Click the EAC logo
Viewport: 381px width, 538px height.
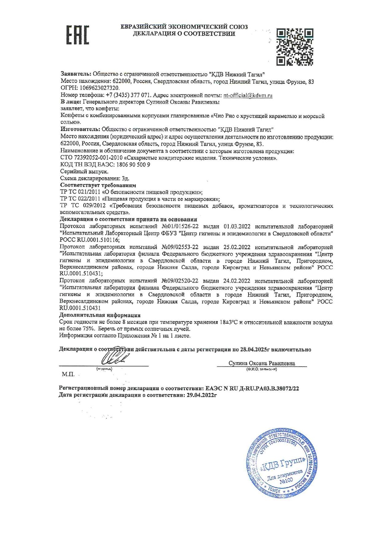(78, 35)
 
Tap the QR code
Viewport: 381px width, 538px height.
(295, 47)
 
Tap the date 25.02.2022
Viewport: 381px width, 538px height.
(237, 247)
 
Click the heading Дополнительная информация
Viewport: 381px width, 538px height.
(100, 315)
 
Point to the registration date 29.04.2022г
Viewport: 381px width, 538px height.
(200, 395)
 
